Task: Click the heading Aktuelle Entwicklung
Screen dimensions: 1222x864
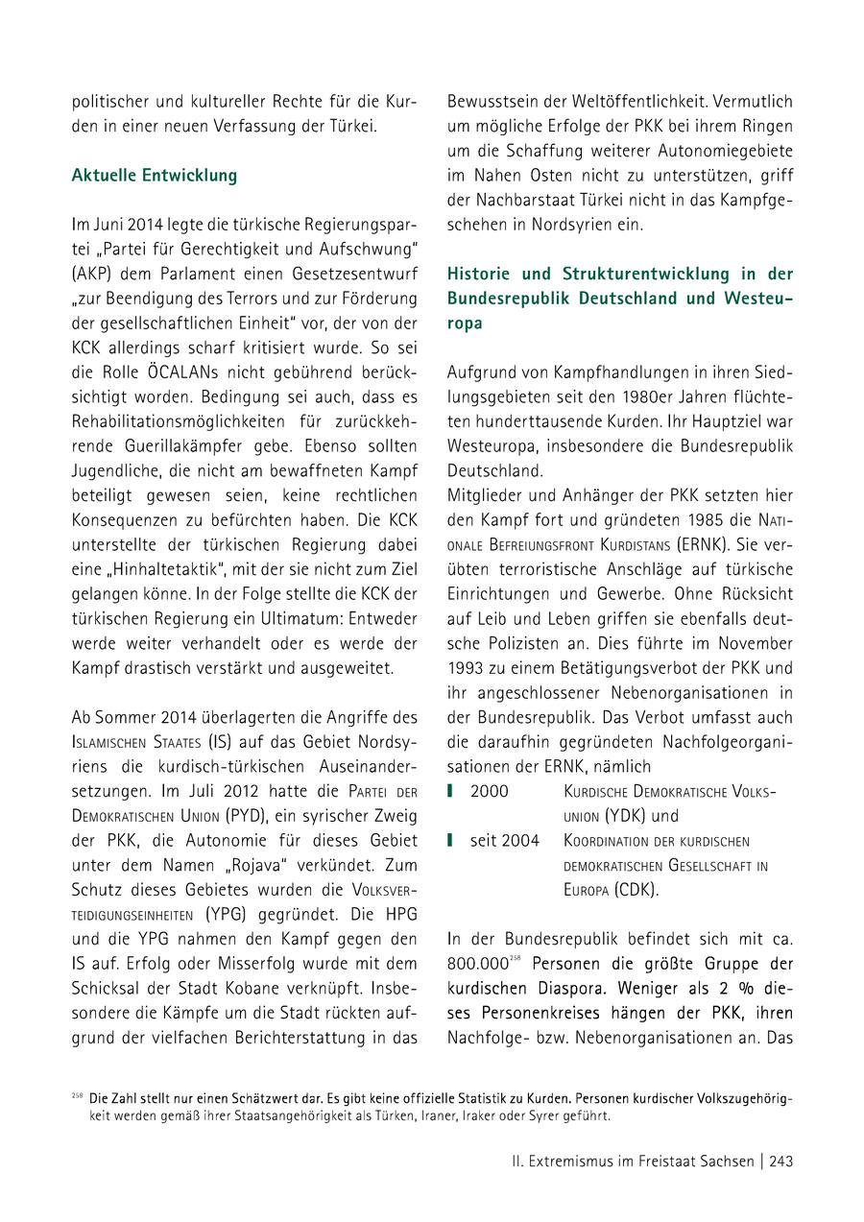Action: [154, 177]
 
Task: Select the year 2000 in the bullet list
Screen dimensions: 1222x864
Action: [490, 791]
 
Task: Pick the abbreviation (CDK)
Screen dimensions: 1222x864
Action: [636, 890]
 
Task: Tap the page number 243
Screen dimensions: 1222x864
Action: [780, 1162]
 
